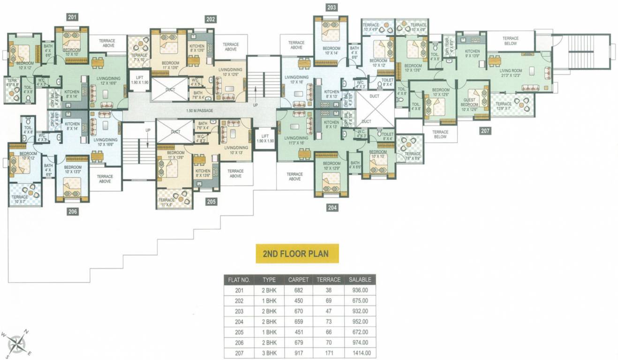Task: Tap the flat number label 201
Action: pyautogui.click(x=72, y=17)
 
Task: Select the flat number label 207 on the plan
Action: pyautogui.click(x=485, y=131)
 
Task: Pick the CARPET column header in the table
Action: pyautogui.click(x=299, y=279)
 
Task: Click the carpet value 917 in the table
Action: pyautogui.click(x=299, y=353)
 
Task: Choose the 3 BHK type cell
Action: pyautogui.click(x=269, y=353)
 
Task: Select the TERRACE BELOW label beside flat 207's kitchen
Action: pyautogui.click(x=510, y=41)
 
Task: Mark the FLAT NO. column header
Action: pyautogui.click(x=239, y=279)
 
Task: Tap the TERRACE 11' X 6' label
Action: pyautogui.click(x=166, y=202)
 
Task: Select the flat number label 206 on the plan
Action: pyautogui.click(x=72, y=211)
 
